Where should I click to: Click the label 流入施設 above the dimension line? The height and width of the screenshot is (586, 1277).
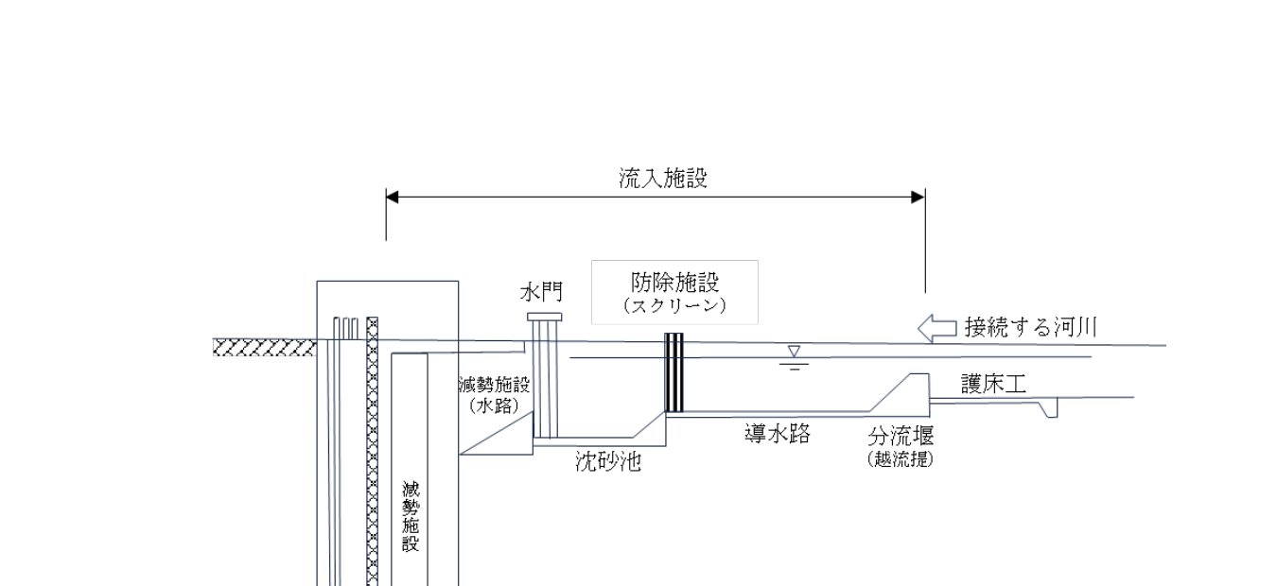pos(656,179)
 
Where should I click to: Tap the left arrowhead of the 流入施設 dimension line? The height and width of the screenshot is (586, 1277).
pos(393,198)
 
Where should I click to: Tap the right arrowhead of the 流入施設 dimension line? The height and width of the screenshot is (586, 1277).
pos(918,198)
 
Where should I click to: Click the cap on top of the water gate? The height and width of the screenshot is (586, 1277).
pos(545,317)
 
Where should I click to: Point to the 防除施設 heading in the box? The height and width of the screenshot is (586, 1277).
pos(675,282)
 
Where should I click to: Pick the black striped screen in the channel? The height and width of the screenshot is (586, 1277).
pos(673,372)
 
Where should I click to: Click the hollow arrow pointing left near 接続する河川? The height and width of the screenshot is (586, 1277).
pos(937,328)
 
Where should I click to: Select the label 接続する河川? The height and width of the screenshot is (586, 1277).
pos(1030,328)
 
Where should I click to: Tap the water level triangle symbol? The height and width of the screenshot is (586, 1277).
pos(794,353)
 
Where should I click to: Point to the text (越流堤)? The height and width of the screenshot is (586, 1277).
pos(901,460)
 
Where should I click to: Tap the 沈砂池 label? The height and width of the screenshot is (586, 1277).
pos(608,462)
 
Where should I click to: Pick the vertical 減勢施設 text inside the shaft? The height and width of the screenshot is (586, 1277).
pos(411,516)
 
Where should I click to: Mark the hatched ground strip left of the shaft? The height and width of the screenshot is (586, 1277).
pos(264,348)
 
